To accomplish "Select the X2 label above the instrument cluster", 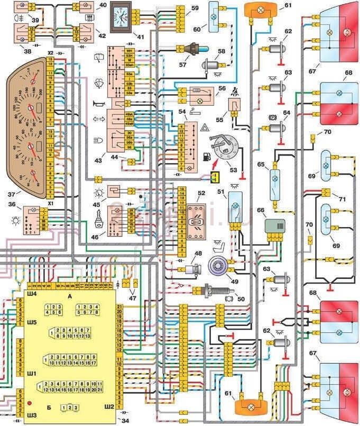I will point(51,53).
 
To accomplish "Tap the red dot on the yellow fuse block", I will point(27,405).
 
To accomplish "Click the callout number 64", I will point(287,112).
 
